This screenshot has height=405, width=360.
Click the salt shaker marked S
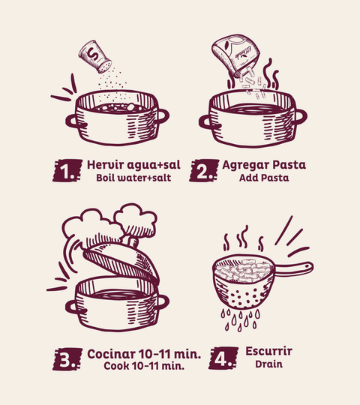tap(95, 56)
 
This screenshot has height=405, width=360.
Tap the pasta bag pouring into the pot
tap(235, 55)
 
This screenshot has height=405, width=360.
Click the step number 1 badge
tap(67, 170)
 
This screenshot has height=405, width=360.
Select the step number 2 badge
tap(204, 170)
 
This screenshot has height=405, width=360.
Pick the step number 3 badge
tap(67, 359)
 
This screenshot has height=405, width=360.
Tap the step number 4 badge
tap(223, 358)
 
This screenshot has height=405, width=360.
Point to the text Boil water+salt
tap(133, 178)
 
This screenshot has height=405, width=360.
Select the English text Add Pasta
tap(264, 178)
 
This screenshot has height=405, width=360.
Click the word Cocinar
tap(111, 354)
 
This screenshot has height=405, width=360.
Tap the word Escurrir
tap(268, 351)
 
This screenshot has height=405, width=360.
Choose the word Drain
tap(268, 364)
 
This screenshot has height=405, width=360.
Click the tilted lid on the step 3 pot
tap(121, 262)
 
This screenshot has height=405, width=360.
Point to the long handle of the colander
tap(294, 268)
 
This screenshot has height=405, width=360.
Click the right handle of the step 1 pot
tap(163, 116)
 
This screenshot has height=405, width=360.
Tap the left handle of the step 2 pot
tap(206, 122)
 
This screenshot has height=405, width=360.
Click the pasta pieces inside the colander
tap(244, 271)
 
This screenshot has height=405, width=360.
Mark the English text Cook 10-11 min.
tap(144, 366)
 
